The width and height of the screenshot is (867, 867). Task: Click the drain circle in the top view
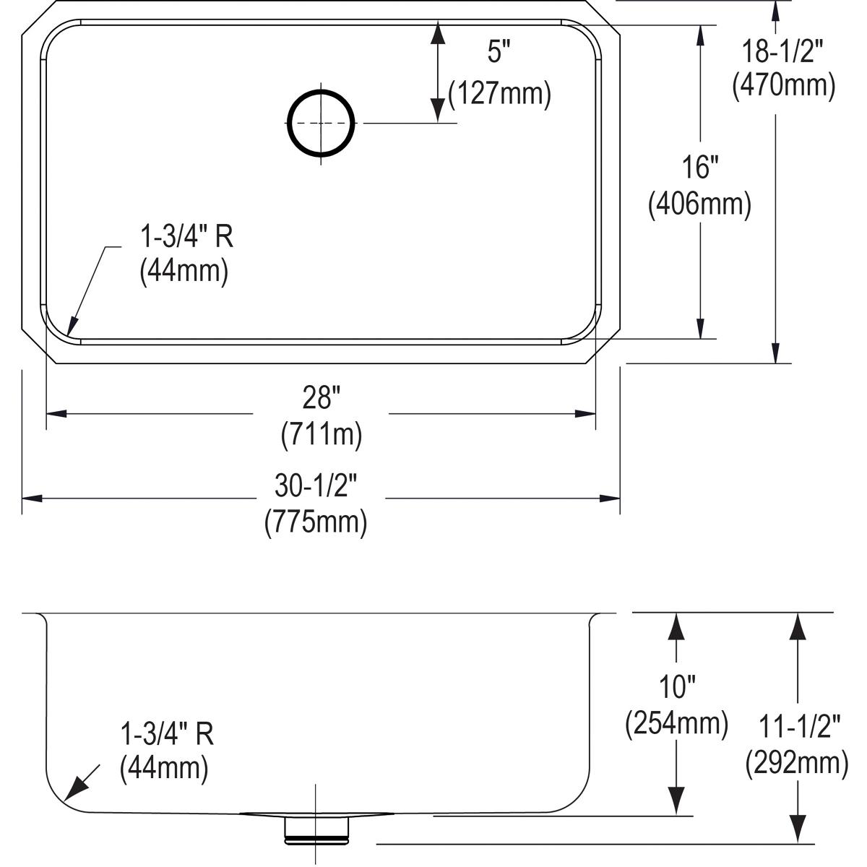[x=322, y=123]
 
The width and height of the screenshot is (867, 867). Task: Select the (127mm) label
[x=499, y=94]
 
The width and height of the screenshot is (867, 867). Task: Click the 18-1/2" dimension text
[x=784, y=51]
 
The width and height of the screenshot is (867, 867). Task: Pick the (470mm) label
[x=784, y=86]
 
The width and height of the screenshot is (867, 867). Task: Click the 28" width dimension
[x=321, y=397]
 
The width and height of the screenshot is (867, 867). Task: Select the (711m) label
[x=321, y=434]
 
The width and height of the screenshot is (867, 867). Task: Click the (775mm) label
[x=316, y=522]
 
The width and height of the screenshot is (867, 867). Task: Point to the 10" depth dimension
[x=676, y=686]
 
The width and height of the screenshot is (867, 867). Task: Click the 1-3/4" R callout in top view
[x=186, y=236]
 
